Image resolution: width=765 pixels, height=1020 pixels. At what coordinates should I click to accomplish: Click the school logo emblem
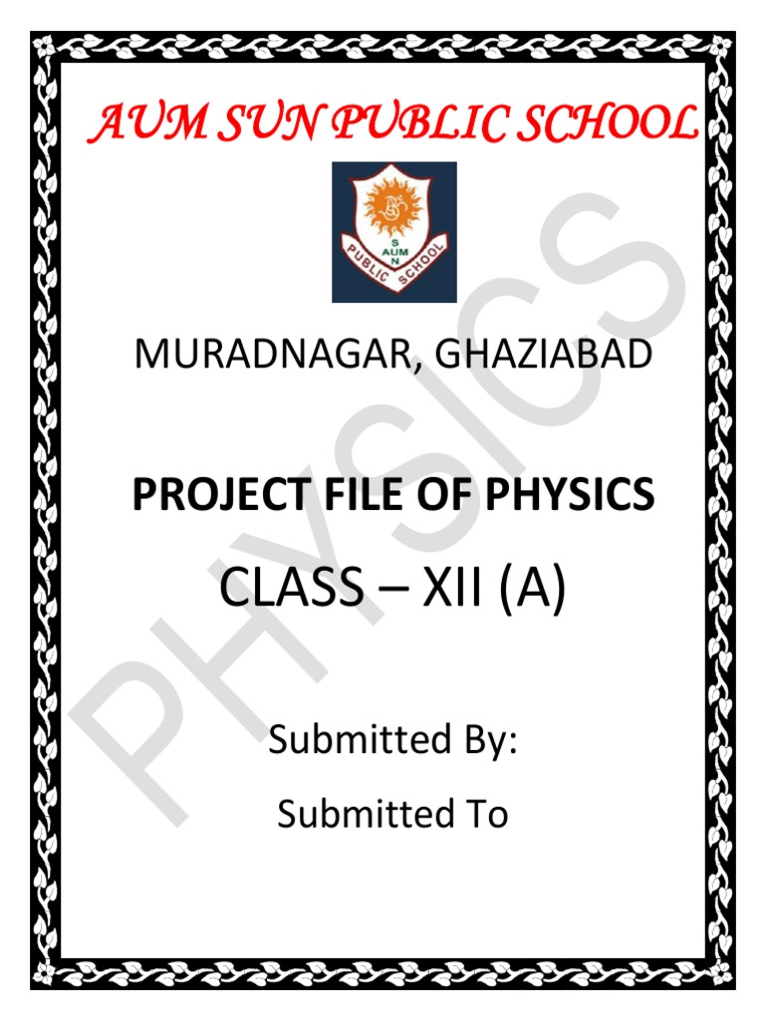pos(394,232)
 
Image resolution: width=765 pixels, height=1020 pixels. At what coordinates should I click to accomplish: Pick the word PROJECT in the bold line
pos(210,495)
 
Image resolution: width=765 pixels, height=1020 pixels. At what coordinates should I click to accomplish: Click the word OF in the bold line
pos(428,495)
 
